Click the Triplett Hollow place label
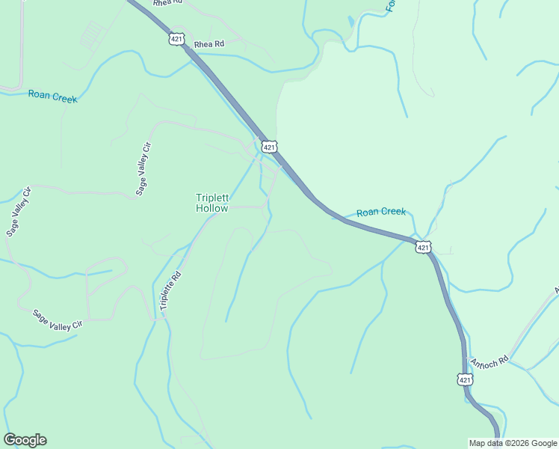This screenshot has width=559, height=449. [x=211, y=203]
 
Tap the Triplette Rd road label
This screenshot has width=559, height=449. [x=170, y=290]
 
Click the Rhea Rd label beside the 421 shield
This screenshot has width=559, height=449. [x=209, y=45]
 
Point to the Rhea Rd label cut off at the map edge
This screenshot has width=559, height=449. [x=167, y=3]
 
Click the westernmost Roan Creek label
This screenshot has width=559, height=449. [x=52, y=96]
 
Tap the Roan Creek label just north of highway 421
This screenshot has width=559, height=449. [x=380, y=212]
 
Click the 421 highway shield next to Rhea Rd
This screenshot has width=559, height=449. [x=176, y=39]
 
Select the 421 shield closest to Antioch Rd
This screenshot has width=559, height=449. [x=465, y=379]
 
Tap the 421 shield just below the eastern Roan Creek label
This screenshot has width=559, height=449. [x=423, y=246]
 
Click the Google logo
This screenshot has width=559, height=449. [x=25, y=440]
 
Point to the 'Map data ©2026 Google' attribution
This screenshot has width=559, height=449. [x=512, y=443]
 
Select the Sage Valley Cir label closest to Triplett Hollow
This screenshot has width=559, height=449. [x=143, y=168]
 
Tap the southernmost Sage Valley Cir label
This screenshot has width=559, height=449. [x=57, y=320]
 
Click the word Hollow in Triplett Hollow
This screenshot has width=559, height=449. [x=211, y=209]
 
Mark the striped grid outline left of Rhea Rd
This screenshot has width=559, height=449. [x=92, y=34]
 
